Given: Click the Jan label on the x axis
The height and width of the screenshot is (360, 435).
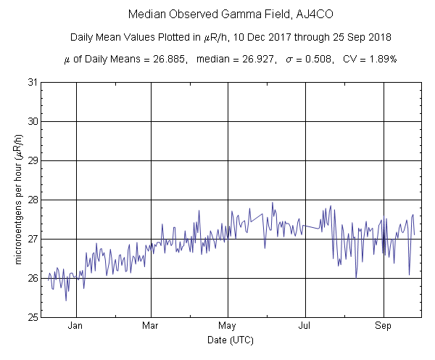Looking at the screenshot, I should [75, 326].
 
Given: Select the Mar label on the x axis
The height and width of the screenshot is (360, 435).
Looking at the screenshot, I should [151, 326].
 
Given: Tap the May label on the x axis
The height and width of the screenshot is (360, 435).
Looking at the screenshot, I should [228, 326].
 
